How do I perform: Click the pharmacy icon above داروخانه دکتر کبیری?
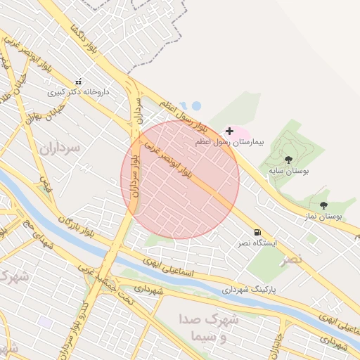click(x=78, y=82)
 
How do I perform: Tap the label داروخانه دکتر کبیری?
click(x=79, y=91)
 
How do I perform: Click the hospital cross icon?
click(x=229, y=131)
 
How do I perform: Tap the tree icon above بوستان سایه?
click(x=288, y=160)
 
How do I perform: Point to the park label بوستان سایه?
click(x=289, y=170)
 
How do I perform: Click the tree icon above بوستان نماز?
click(x=323, y=205)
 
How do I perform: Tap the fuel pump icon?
click(x=257, y=232)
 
